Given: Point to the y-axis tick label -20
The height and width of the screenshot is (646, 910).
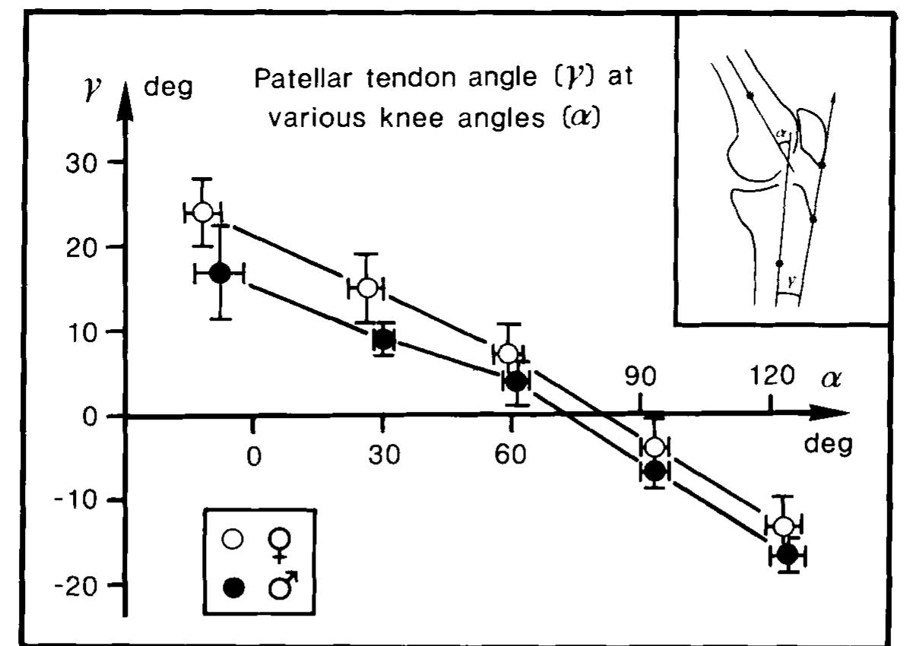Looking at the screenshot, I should tap(73, 584).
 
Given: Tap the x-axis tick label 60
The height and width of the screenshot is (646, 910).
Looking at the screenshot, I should tap(510, 456).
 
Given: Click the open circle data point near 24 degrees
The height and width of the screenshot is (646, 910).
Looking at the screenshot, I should tap(202, 212).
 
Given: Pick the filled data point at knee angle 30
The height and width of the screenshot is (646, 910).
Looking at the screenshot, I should tap(384, 340).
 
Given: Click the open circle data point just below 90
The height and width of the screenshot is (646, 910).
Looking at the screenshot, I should tap(654, 446).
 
